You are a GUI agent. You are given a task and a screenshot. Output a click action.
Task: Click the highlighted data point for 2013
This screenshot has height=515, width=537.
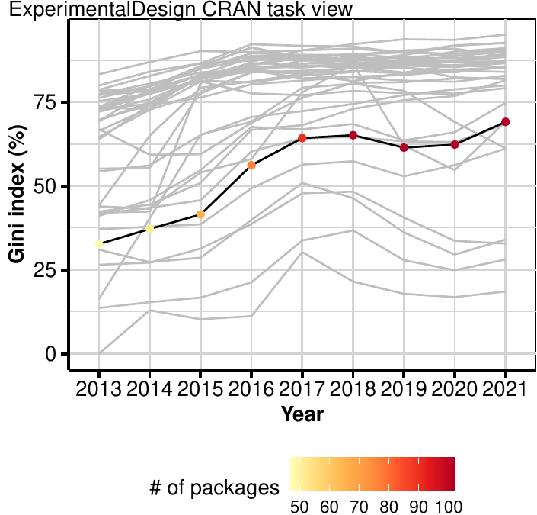[99, 244]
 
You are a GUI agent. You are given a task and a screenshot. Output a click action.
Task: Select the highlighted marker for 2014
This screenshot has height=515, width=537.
[149, 229]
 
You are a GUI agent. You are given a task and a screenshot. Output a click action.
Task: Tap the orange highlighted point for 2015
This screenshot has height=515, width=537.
[200, 214]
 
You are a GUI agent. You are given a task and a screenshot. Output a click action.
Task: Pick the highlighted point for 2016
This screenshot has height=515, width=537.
[251, 165]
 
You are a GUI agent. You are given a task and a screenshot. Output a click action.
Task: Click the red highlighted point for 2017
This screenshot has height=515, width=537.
[302, 138]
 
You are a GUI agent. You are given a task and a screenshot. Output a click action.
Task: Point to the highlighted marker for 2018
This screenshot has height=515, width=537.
[353, 135]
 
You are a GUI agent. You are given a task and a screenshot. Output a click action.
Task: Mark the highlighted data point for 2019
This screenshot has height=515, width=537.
[404, 147]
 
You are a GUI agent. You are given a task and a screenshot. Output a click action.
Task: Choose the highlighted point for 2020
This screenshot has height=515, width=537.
[455, 144]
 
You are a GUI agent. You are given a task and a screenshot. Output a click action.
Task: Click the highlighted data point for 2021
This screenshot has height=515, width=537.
[506, 122]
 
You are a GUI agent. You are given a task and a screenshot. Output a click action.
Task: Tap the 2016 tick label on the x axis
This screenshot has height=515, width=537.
[251, 389]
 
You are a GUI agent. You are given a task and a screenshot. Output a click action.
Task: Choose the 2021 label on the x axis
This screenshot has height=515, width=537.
[506, 389]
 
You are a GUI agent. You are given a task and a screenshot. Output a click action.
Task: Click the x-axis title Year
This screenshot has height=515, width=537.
[302, 415]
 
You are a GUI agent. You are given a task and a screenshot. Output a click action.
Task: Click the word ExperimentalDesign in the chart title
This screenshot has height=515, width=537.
[69, 9]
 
